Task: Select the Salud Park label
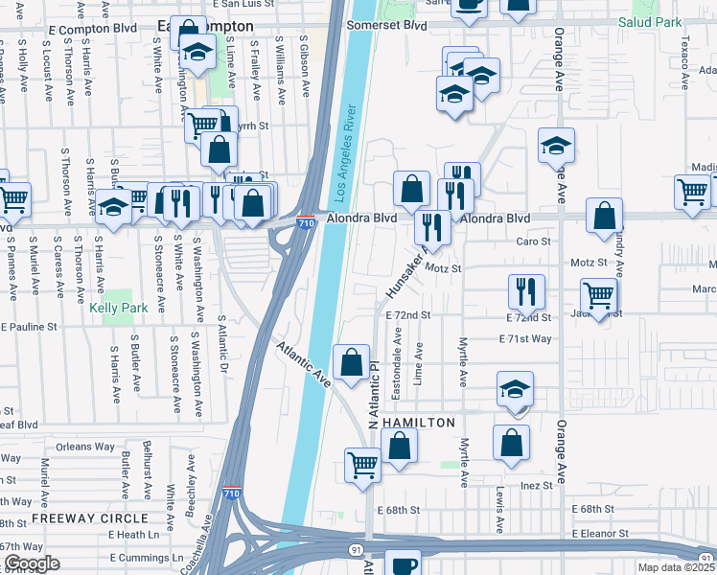pos(676,22)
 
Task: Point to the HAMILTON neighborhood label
pos(418,423)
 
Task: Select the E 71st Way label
pos(525,339)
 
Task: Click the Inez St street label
pos(533,486)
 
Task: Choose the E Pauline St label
pos(30,327)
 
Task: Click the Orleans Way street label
pos(85,447)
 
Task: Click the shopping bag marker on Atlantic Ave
pos(352,361)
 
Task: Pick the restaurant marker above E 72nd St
pos(526,290)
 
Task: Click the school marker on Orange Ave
pos(556,145)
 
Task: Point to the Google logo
pos(32,563)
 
